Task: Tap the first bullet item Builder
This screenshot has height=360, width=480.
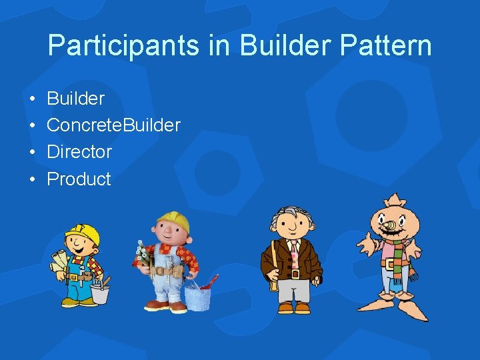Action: pos(75,99)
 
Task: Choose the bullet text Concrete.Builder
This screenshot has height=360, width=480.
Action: pos(113,125)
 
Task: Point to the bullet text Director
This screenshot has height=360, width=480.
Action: pos(79,152)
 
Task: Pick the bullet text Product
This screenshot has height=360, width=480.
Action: pos(79,179)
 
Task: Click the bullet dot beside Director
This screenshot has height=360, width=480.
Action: pos(33,152)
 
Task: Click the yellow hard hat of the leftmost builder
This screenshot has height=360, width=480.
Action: pos(83,234)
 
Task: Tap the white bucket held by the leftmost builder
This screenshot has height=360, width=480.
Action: pos(100,292)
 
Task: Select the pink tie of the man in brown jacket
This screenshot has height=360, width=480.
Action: pos(294,251)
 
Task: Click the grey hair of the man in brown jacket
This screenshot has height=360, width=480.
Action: pos(291,215)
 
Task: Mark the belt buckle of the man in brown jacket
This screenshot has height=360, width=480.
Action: pos(294,273)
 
